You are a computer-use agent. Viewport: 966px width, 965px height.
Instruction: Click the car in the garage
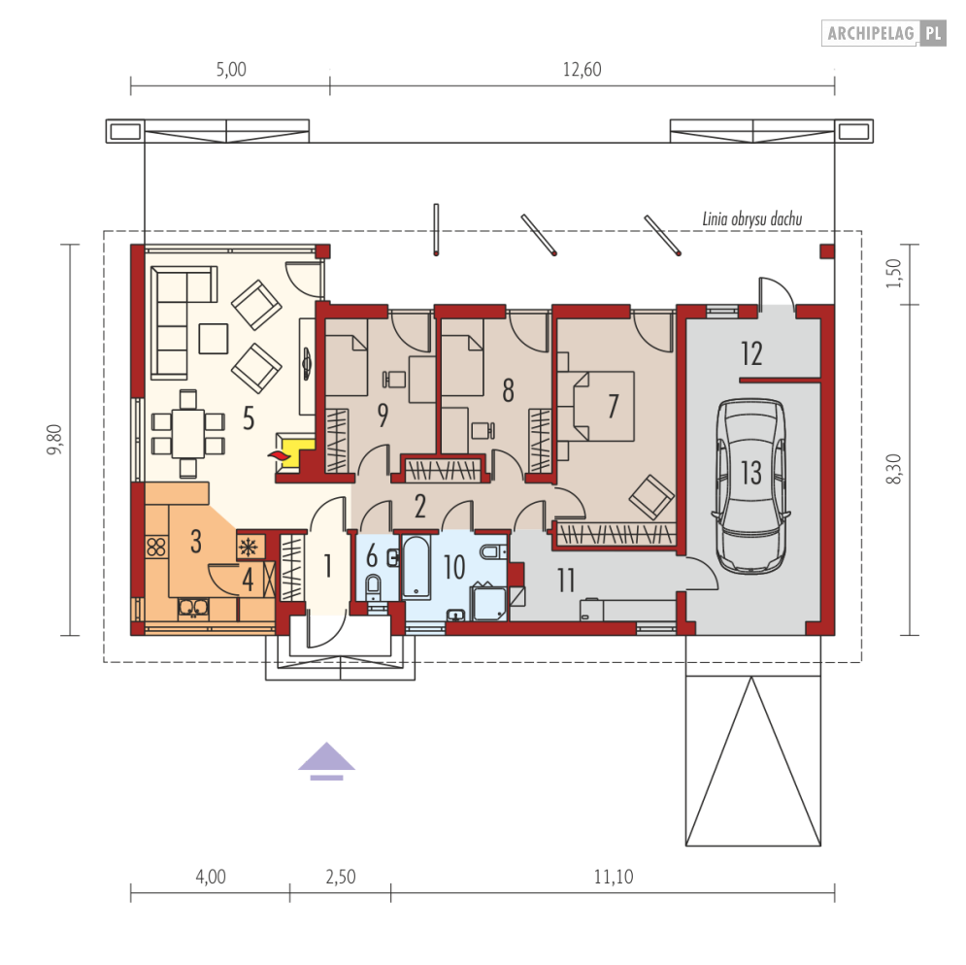pos(751,486)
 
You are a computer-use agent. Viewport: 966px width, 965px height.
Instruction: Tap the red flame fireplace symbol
pos(277,456)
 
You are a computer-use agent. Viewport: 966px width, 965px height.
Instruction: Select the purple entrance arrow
pos(326,761)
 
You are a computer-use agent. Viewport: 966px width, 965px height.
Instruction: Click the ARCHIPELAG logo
pos(883,33)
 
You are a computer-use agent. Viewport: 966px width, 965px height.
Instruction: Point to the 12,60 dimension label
pos(582,69)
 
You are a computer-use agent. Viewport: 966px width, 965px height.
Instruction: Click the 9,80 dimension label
pos(54,440)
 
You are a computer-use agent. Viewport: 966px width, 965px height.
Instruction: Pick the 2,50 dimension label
pos(340,876)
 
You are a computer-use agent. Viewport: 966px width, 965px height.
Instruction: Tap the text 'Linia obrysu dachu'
pos(752,218)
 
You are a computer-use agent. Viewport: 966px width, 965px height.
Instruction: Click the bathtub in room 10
pos(416,566)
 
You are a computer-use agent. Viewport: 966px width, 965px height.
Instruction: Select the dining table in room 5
pos(188,433)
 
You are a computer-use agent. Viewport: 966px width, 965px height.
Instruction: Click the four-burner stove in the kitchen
pos(156,547)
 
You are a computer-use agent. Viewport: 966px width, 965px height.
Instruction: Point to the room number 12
pos(751,353)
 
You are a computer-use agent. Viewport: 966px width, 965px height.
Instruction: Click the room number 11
pos(566,580)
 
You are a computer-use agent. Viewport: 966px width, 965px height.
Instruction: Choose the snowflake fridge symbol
pos(250,547)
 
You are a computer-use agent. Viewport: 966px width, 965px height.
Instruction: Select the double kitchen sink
pos(193,608)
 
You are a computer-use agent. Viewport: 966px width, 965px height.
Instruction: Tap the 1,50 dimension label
pos(894,273)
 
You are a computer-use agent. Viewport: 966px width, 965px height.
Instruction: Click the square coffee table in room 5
pos(214,338)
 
